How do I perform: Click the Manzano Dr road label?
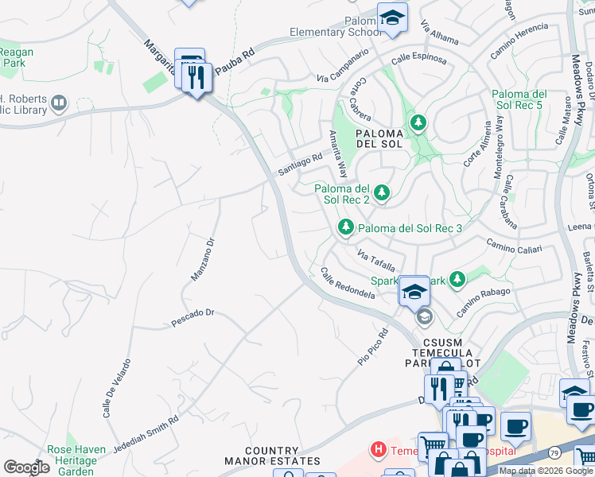click(203, 259)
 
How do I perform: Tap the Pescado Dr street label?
click(193, 318)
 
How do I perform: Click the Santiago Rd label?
click(300, 165)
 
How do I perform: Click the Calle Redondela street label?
click(347, 283)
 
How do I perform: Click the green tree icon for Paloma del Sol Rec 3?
click(346, 228)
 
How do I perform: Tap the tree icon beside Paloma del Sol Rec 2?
click(382, 192)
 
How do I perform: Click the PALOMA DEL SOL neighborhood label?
click(380, 139)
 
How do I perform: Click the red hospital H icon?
click(379, 451)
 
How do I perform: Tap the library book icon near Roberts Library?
click(59, 103)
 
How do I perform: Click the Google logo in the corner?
click(26, 467)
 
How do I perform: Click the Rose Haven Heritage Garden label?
click(76, 460)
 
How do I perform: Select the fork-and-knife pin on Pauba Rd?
click(196, 77)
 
